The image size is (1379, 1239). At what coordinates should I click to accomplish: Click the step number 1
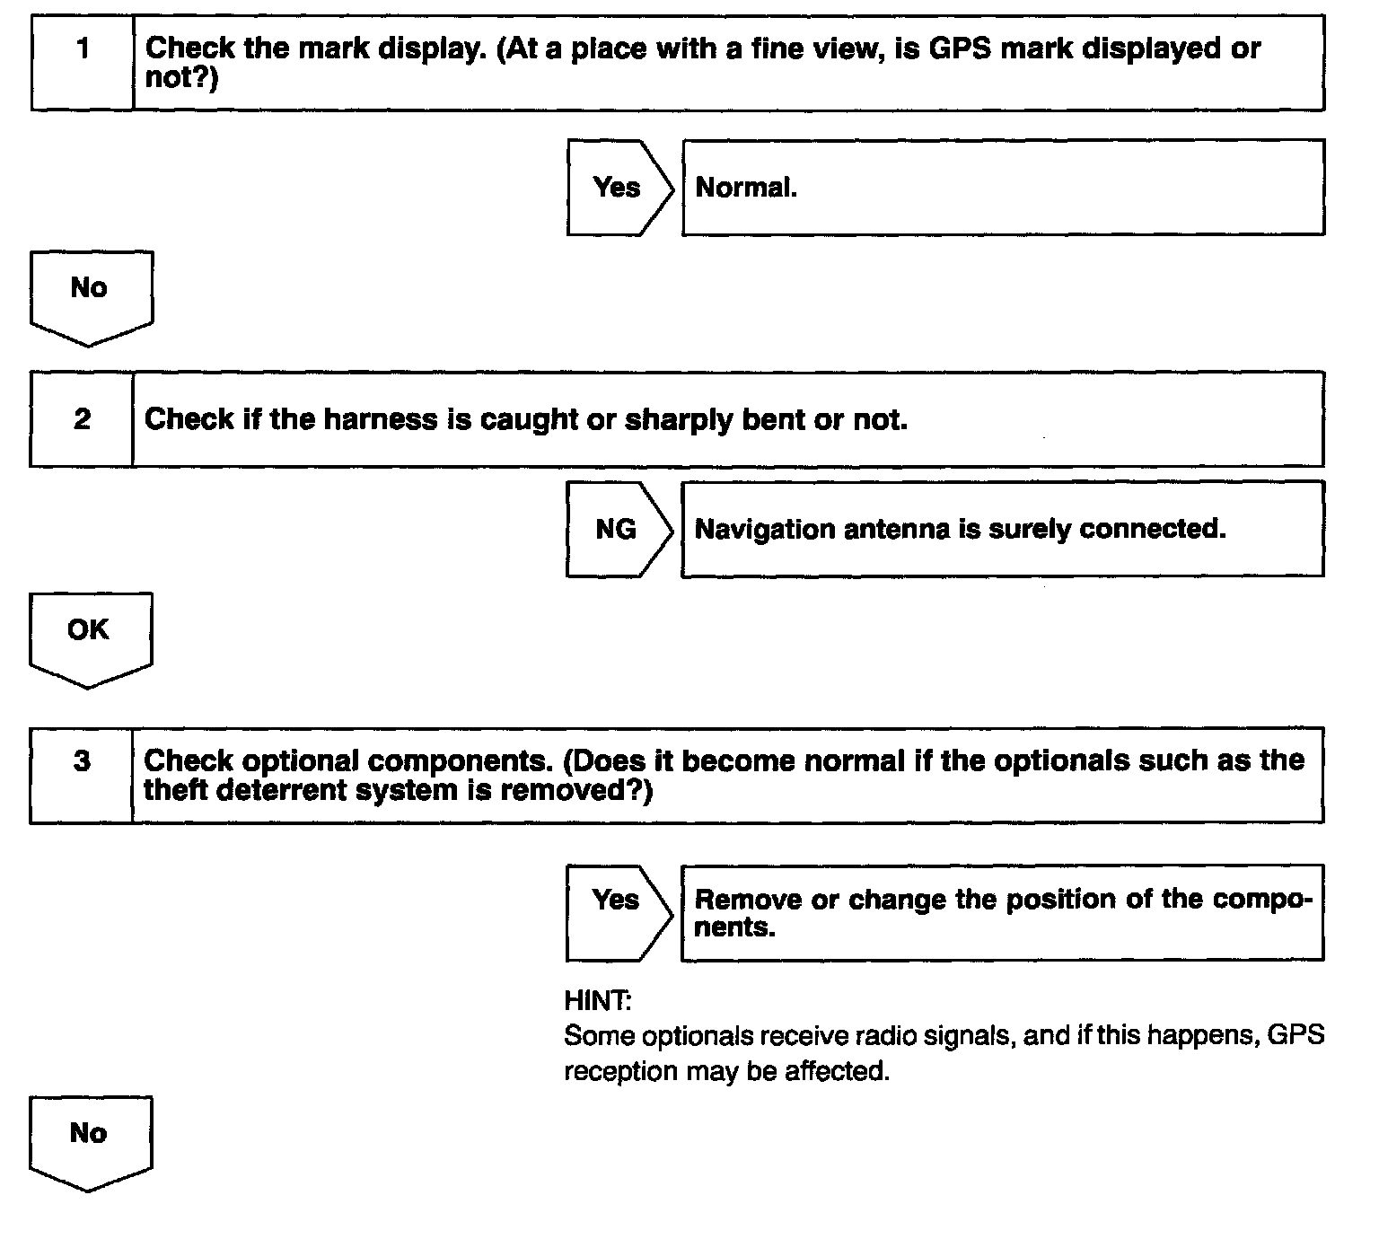pyautogui.click(x=83, y=48)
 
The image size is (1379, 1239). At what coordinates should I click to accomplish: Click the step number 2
pyautogui.click(x=83, y=419)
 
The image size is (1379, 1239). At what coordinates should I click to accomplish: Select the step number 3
pyautogui.click(x=82, y=761)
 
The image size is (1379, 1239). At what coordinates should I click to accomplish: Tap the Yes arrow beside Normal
pyautogui.click(x=618, y=188)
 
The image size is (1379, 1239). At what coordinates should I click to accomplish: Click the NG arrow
pyautogui.click(x=617, y=529)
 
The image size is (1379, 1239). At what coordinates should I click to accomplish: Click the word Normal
pyautogui.click(x=745, y=188)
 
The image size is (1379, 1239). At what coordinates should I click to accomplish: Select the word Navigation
pyautogui.click(x=765, y=529)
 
